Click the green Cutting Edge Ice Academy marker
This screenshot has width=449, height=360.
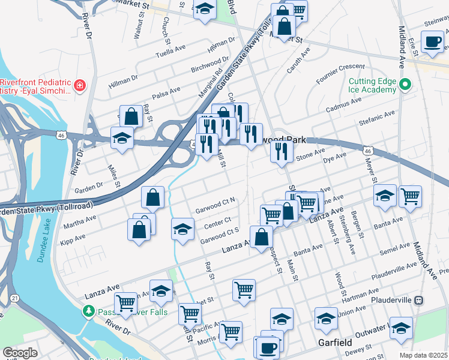[405, 85]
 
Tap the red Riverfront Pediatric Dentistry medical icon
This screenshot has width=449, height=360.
[79, 86]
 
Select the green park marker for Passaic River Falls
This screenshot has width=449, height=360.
[89, 311]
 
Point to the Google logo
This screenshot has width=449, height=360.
[20, 353]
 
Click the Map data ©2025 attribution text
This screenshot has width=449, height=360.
[424, 355]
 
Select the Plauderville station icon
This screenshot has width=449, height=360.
[420, 299]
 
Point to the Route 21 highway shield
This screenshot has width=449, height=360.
[14, 298]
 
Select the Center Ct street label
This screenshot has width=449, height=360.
[217, 224]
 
